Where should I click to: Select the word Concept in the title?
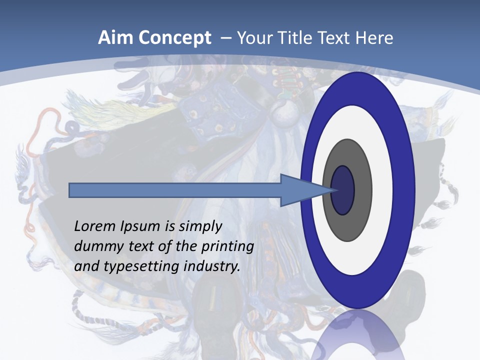174,38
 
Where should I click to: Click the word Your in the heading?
254,38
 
